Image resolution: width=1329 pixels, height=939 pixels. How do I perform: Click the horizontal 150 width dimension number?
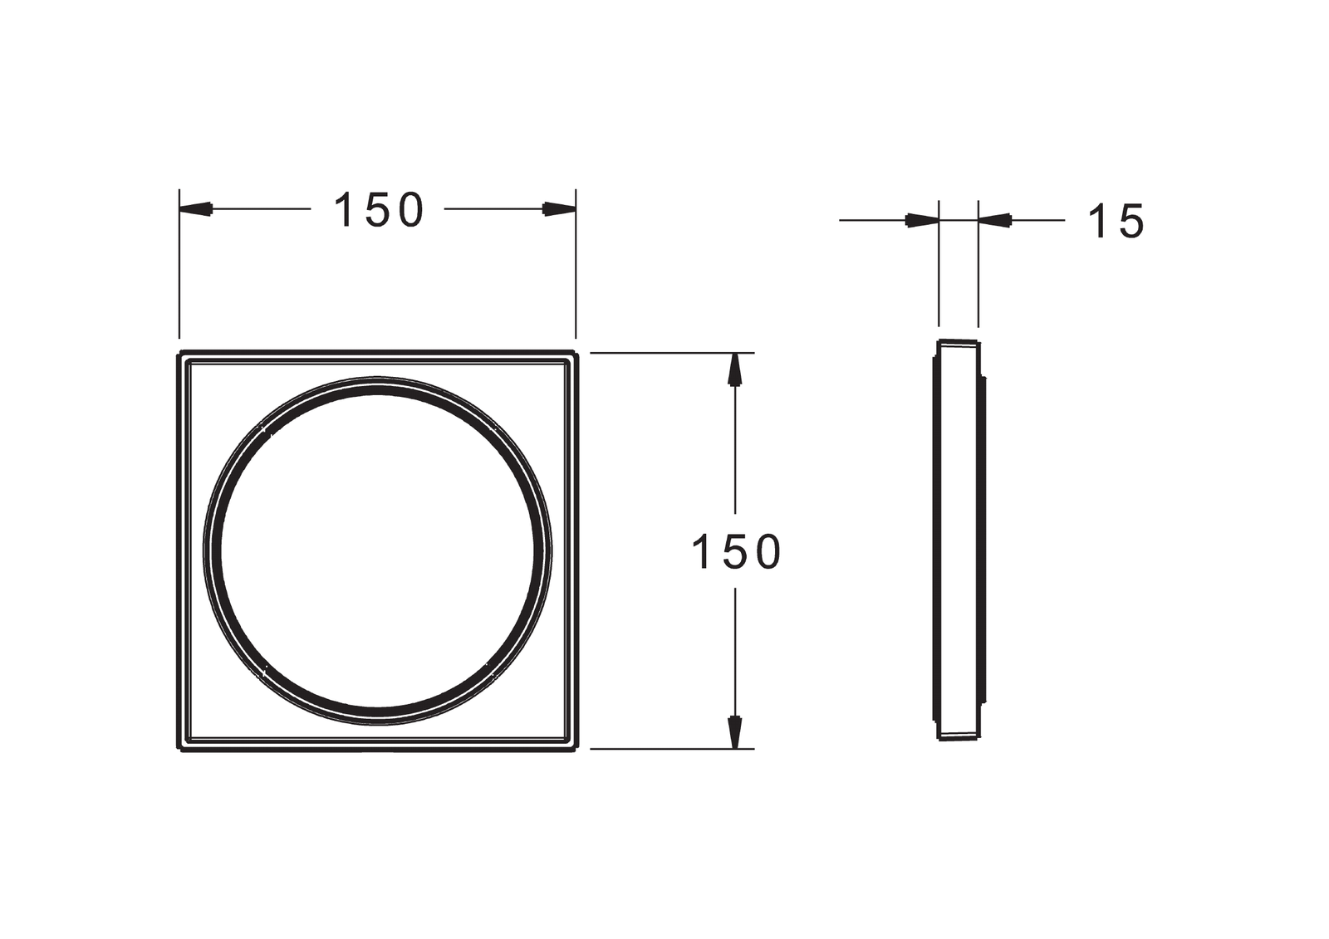tap(379, 210)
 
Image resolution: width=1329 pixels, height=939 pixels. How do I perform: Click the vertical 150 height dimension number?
tap(736, 551)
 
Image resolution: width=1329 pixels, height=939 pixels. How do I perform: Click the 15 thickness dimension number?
tap(1116, 221)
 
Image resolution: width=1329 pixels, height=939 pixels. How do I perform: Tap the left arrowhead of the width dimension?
tap(196, 208)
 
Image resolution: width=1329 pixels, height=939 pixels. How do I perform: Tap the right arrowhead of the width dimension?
tap(560, 208)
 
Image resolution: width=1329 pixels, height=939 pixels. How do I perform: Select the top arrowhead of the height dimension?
tap(735, 369)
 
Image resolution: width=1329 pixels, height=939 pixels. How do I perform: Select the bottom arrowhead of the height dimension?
tap(735, 732)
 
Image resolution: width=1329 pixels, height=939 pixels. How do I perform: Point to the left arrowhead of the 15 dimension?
tap(922, 221)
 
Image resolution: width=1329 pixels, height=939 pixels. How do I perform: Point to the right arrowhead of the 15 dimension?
tap(995, 221)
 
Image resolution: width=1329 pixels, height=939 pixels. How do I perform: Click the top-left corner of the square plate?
tap(179, 352)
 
